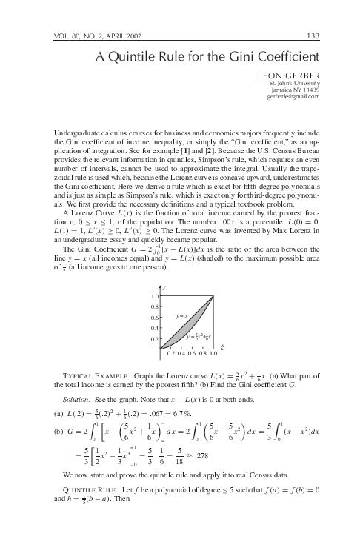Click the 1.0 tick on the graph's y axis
156,295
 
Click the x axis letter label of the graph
222,346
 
